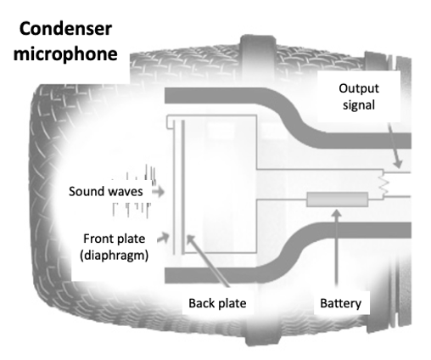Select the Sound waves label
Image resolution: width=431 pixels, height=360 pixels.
[x=105, y=193]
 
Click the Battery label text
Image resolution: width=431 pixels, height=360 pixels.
[x=342, y=301]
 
